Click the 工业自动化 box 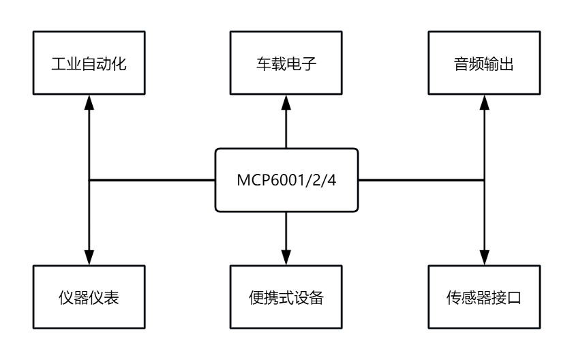89,62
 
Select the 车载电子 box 286,62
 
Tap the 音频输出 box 483,62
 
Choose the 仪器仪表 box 89,297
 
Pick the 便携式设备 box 286,297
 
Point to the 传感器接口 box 483,297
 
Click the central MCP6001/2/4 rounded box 286,180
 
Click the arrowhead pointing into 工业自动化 89,100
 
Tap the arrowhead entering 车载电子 286,100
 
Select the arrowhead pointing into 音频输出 483,100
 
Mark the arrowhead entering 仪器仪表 89,260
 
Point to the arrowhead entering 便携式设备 286,260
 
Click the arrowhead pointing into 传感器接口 483,260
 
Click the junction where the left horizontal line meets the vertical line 89,180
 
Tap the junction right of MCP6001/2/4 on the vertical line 483,180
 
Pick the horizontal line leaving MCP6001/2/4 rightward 421,180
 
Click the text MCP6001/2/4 286,181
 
